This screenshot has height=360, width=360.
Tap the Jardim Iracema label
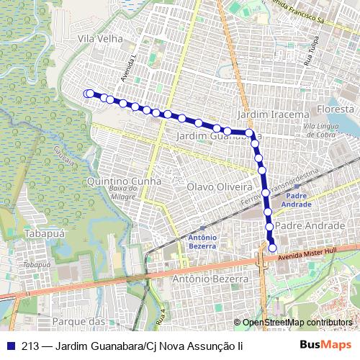tap(273, 114)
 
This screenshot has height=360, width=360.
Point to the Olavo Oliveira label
tap(217, 186)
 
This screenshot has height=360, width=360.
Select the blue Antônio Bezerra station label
tap(202, 242)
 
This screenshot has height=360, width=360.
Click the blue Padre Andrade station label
tap(299, 199)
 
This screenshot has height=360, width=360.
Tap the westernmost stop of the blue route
tap(88, 93)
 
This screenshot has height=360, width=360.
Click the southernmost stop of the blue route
tap(273, 248)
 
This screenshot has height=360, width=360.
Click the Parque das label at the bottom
tap(80, 320)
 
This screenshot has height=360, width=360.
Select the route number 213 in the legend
tap(31, 346)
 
